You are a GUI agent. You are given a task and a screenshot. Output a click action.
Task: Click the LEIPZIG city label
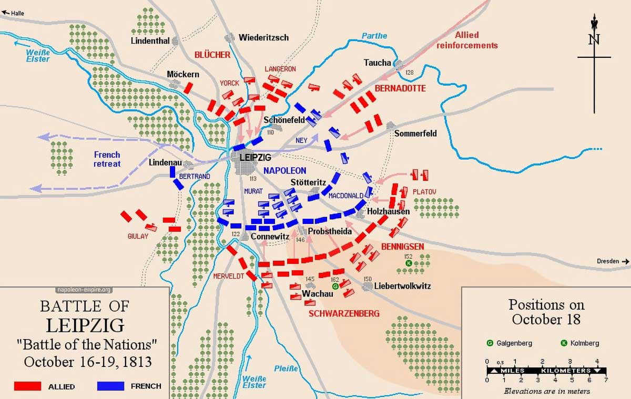pos(255,157)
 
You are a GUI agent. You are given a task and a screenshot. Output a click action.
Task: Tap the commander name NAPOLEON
pos(284,171)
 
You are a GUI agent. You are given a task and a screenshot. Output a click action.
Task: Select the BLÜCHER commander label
pos(212,55)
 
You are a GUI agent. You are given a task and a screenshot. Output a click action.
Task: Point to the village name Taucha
pos(377,63)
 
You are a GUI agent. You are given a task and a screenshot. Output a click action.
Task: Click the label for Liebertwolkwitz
pos(402,286)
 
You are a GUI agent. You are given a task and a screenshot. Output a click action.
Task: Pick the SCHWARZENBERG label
pos(344,313)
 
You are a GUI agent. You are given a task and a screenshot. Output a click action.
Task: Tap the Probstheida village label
pos(330,231)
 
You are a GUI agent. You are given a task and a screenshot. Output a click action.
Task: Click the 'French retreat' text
pos(107,159)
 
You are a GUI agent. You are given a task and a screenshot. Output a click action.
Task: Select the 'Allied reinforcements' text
pos(467,40)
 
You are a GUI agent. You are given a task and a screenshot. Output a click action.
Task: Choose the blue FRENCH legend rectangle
pos(110,386)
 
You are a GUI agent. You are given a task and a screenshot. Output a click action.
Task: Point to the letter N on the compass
pos(594,40)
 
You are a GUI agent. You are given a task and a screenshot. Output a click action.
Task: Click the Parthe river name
pos(374,36)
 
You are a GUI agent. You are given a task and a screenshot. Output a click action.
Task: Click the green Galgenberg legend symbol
pos(490,343)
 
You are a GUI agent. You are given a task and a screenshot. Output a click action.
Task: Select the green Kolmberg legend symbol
pos(564,343)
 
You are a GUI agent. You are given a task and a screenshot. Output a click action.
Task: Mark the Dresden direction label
pos(609,261)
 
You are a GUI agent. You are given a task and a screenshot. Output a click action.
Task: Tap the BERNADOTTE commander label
pos(400,88)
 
